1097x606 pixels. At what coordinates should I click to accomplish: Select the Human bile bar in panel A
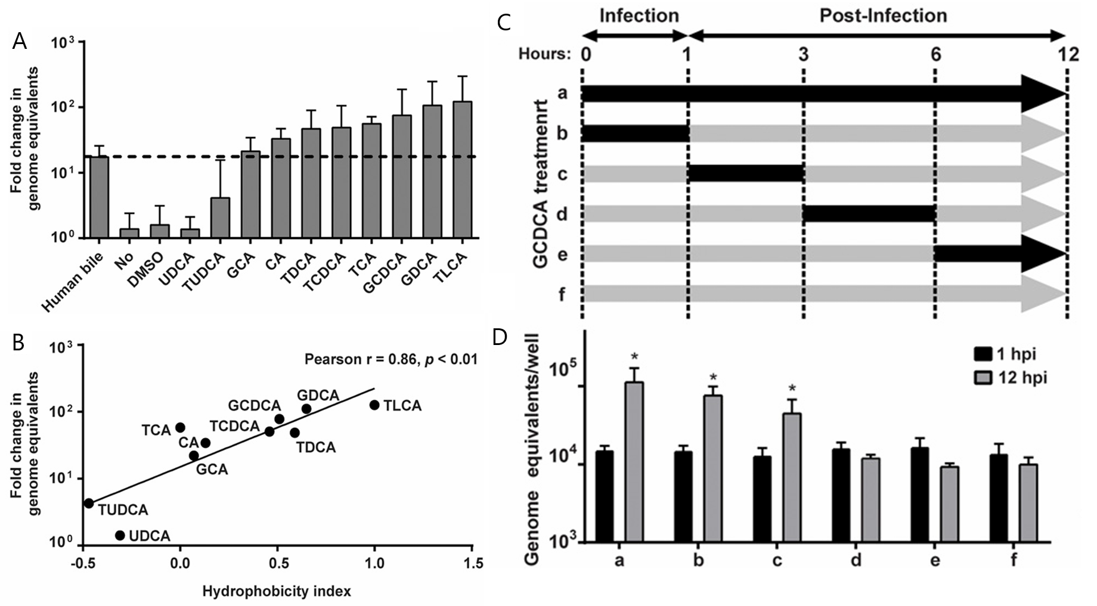pyautogui.click(x=99, y=197)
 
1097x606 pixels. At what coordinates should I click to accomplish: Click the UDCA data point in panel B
pyautogui.click(x=120, y=535)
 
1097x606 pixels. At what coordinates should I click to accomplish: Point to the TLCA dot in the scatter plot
pyautogui.click(x=374, y=405)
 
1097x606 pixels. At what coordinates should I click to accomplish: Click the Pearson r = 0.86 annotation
pyautogui.click(x=391, y=359)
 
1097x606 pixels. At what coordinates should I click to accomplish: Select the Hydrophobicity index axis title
pyautogui.click(x=277, y=592)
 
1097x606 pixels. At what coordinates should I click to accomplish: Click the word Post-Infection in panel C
pyautogui.click(x=883, y=15)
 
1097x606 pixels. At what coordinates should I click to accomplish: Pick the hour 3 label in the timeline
pyautogui.click(x=804, y=55)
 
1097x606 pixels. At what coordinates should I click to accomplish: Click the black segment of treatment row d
pyautogui.click(x=869, y=214)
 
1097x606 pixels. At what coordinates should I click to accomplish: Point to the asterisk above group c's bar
pyautogui.click(x=792, y=389)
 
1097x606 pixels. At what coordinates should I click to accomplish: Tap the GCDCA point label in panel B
pyautogui.click(x=254, y=406)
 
